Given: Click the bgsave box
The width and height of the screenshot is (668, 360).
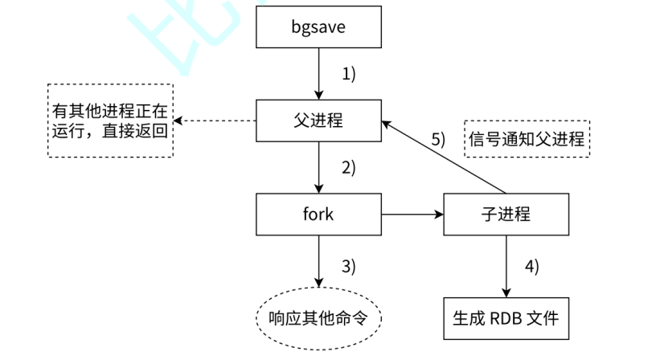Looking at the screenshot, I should pos(318,28).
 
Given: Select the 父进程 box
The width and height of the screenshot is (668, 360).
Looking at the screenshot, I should pos(318,121).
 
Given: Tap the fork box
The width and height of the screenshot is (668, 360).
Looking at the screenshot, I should pos(318,215).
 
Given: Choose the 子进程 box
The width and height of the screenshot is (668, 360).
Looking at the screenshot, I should pos(506,215).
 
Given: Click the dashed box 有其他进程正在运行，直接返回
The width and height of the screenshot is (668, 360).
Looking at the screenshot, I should pos(110,121).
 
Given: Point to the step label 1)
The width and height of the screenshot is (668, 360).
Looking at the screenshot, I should pos(348,74).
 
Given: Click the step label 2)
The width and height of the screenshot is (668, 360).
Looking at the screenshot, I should pos(348,168).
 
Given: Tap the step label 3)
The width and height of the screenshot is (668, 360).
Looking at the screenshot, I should pos(348,264).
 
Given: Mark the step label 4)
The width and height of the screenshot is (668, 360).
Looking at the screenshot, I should pos(532,264).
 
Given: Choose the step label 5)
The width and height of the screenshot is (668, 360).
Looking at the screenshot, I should pos(437,138).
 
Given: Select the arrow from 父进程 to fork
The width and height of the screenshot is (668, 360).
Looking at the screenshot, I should pos(318,168).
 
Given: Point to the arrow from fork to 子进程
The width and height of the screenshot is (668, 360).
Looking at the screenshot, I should pos(412,215).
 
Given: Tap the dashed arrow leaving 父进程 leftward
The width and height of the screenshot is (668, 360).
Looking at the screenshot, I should pos(215,121).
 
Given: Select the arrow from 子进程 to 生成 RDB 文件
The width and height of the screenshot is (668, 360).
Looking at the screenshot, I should pos(506,265).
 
